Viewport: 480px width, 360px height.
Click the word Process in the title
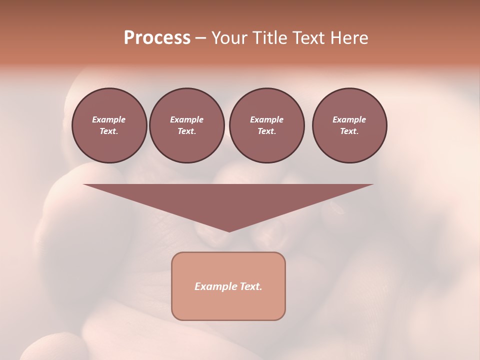(x=157, y=38)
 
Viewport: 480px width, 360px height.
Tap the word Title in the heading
(x=268, y=38)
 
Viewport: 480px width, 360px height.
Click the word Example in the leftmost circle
(x=109, y=119)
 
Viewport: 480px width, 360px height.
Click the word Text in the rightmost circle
(x=349, y=131)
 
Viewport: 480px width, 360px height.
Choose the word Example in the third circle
(x=266, y=119)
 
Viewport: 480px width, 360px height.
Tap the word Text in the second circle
(x=186, y=131)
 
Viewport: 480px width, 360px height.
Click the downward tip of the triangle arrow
(x=229, y=230)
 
